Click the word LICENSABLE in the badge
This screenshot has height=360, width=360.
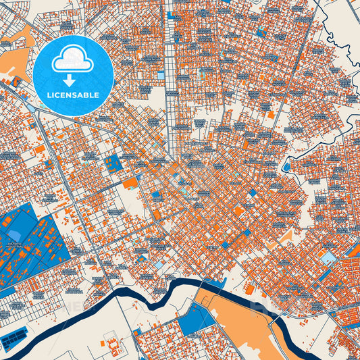tap(74, 95)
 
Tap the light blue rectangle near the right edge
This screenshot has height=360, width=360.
tap(328, 257)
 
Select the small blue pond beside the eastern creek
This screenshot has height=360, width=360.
tap(286, 165)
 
